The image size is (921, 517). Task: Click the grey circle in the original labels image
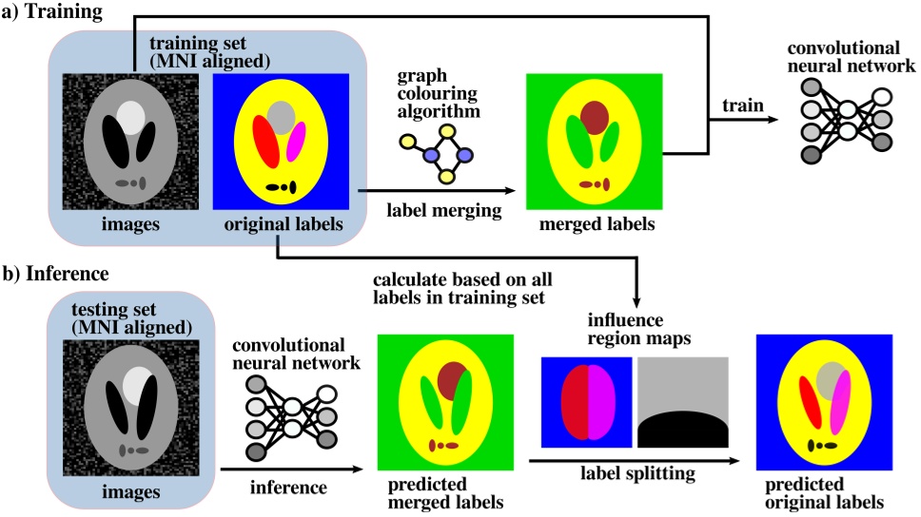[280, 116]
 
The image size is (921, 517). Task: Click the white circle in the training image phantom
[130, 117]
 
